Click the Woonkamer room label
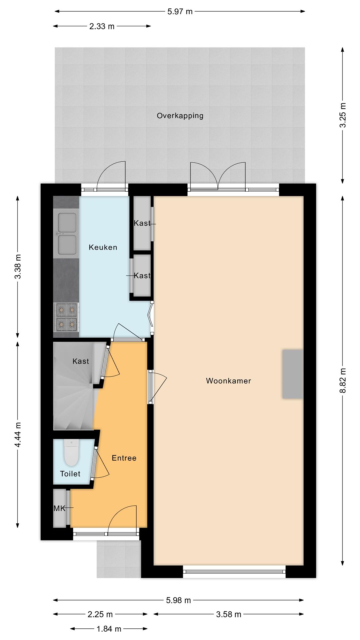pos(228,381)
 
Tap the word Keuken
pos(103,247)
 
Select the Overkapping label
pos(180,116)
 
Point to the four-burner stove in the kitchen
pos(66,317)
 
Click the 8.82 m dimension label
pos(343,381)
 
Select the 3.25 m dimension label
pos(343,115)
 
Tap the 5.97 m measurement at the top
pos(180,12)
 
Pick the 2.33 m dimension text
pos(102,26)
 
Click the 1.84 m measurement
pos(109,629)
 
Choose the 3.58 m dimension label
pos(228,614)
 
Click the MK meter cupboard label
pos(59,508)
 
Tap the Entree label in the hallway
pos(124,458)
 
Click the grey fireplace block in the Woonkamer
pos(293,374)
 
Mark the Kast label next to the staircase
pos(81,361)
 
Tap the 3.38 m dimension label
pos(18,266)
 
